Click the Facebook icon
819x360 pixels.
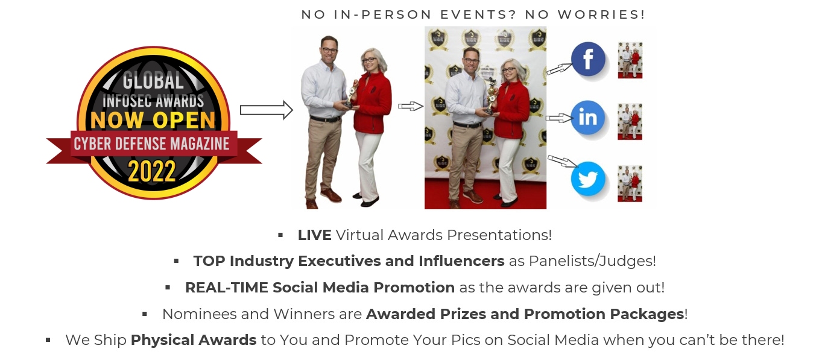[x=588, y=59]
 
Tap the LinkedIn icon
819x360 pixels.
[x=587, y=118]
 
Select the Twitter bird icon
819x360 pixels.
[x=588, y=179]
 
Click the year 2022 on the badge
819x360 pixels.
[x=152, y=171]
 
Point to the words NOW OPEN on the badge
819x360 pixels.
[x=153, y=120]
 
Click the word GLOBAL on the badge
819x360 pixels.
[x=153, y=81]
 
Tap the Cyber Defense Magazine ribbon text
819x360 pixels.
[x=151, y=144]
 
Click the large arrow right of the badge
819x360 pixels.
[x=266, y=110]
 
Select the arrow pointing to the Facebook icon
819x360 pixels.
[x=558, y=69]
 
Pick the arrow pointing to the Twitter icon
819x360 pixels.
[x=563, y=161]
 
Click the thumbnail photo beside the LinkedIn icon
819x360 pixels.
[x=630, y=122]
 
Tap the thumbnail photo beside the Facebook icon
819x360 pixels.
[x=630, y=60]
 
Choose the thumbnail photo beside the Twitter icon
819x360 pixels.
[x=630, y=183]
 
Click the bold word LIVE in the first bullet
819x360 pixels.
[x=314, y=235]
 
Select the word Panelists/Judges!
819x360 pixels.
[x=592, y=261]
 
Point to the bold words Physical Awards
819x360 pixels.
[x=194, y=340]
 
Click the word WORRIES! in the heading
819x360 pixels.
[x=601, y=14]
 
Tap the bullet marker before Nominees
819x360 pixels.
[x=145, y=314]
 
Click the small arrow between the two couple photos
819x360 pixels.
[x=411, y=106]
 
